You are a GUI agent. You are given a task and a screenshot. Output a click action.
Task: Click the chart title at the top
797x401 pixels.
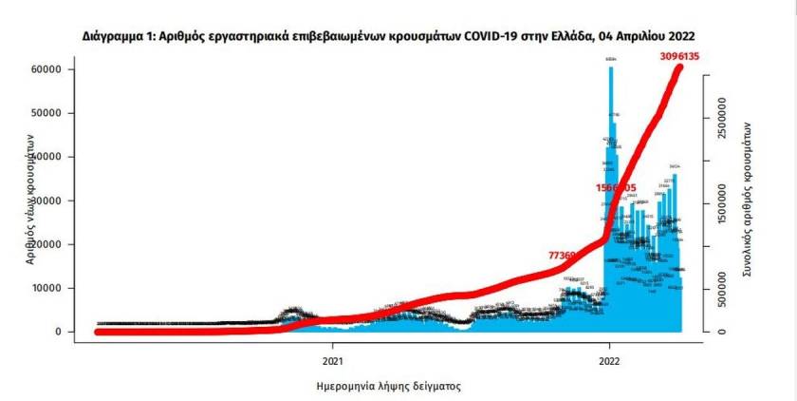[x=398, y=34]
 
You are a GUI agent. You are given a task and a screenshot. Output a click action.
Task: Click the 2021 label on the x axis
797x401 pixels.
[x=332, y=361]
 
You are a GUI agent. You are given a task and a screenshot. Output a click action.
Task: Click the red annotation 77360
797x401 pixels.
[x=567, y=256]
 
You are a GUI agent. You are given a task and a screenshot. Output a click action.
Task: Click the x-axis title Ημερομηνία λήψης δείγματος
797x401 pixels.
[x=388, y=387]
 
